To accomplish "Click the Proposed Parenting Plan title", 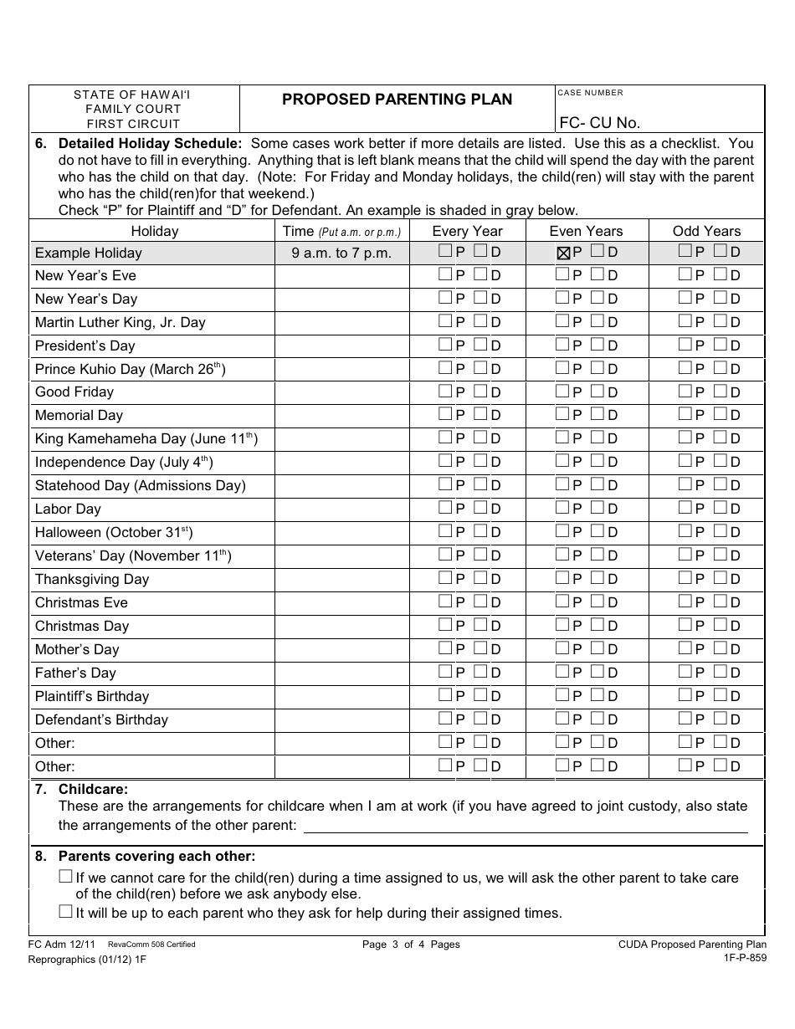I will coord(397,100).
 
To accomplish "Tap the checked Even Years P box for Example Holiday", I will coord(564,253).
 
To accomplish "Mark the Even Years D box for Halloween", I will coord(598,531).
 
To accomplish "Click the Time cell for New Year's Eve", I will coord(341,276).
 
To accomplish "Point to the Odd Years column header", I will coord(706,231).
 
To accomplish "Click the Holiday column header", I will coord(154,231).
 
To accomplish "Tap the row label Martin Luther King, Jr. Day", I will coord(120,322).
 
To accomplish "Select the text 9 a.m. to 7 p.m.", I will coord(341,253).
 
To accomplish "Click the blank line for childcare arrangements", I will coord(525,827).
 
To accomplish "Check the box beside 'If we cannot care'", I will coord(65,877).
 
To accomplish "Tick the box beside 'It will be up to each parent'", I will coord(65,912).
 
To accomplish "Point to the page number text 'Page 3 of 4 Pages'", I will coord(411,945).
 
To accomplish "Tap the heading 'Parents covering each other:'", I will coord(156,856).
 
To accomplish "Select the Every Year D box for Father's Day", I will coord(481,672).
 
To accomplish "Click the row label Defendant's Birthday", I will coord(101,719).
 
